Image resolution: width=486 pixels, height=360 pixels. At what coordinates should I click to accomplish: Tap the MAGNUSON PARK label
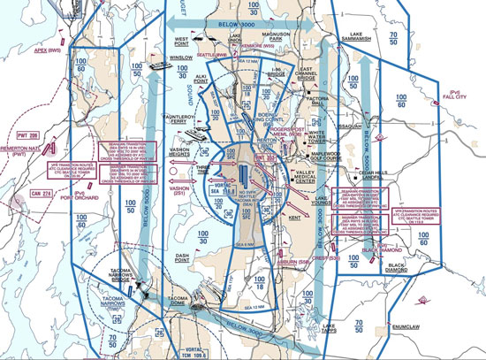click(287, 36)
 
